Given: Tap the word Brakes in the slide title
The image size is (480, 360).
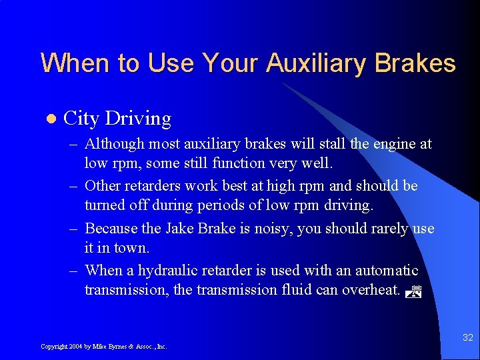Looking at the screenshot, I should [415, 63].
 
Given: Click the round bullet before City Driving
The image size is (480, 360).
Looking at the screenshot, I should [47, 119].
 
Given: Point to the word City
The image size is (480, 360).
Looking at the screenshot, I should [81, 119].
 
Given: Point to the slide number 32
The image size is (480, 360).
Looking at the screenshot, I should [468, 338].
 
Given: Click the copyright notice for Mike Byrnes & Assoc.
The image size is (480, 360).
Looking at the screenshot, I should [103, 347].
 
